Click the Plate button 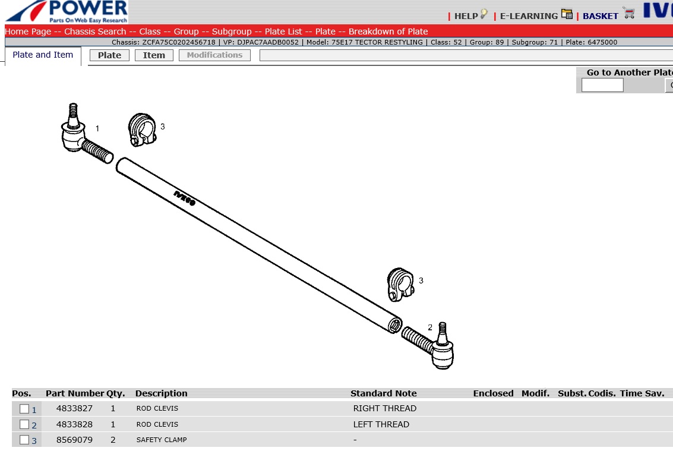point(109,55)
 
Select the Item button point(154,55)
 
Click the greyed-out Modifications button point(214,55)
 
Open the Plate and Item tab point(43,55)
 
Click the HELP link point(466,16)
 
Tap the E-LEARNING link point(529,16)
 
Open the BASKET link point(601,16)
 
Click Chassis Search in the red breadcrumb point(95,31)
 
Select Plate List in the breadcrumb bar point(283,31)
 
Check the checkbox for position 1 point(24,409)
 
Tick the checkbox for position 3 point(24,440)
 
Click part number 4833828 point(74,424)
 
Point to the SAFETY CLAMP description point(162,440)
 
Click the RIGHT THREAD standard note point(384,408)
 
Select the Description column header point(162,393)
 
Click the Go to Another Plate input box point(602,86)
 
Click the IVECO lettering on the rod point(185,198)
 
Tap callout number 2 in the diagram point(430,327)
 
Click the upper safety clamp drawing point(142,130)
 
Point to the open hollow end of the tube point(395,325)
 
